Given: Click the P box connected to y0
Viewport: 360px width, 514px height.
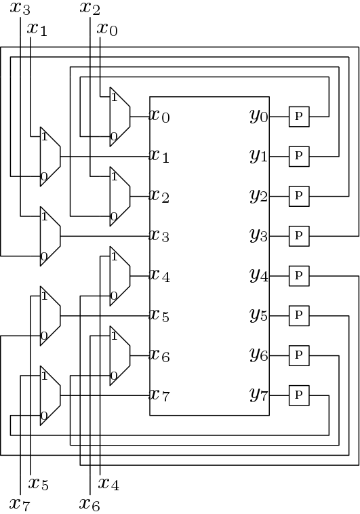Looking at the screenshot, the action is tap(299, 117).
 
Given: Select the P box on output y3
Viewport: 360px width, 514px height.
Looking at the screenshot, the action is tap(299, 236).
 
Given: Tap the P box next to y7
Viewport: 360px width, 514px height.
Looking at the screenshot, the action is tap(299, 395).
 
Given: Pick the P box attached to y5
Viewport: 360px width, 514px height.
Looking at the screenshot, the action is tap(299, 316).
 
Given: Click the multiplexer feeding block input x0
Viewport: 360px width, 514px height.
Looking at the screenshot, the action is tap(120, 117).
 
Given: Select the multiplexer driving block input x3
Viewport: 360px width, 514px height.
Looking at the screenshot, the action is tap(50, 236).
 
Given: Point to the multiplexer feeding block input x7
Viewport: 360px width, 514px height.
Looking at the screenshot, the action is tap(50, 395).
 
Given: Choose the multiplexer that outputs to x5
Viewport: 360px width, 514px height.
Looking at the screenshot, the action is tap(50, 316).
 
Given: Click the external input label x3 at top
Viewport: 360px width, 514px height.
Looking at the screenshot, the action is tap(20, 8).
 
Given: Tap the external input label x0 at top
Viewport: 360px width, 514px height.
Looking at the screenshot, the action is tap(107, 29).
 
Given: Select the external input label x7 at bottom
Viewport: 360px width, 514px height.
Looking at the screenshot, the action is tap(20, 504).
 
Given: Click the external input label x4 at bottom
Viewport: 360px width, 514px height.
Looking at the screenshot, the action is tap(109, 483).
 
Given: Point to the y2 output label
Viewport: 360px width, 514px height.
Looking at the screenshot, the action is tap(259, 196).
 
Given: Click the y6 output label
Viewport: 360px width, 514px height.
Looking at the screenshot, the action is tap(259, 355).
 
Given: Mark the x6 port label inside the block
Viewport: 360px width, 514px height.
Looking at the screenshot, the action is tap(160, 355).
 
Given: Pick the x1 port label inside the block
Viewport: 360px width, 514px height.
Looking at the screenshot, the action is tap(160, 156).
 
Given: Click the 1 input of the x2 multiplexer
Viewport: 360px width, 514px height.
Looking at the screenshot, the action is tap(114, 177).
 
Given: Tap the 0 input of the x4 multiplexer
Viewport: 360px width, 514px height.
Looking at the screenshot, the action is tap(114, 296).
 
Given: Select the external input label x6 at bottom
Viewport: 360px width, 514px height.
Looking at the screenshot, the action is tap(90, 504).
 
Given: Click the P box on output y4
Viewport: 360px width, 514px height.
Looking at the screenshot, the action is tap(299, 276).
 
